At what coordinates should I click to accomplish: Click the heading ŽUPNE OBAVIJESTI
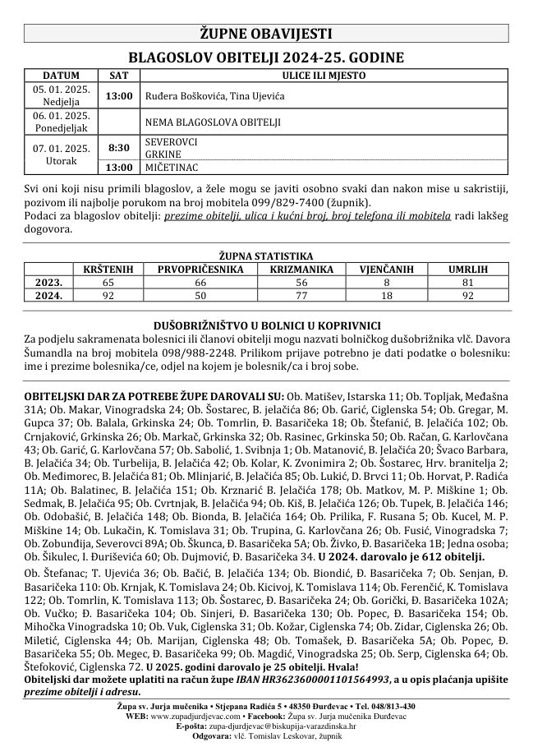click(x=266, y=34)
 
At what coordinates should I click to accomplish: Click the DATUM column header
click(x=61, y=75)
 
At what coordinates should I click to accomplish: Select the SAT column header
click(x=119, y=75)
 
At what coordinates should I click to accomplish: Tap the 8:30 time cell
click(x=119, y=148)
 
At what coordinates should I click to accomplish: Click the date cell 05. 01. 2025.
click(x=61, y=88)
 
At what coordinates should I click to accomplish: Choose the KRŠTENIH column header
click(x=110, y=268)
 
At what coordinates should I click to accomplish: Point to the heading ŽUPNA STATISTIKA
click(x=266, y=256)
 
